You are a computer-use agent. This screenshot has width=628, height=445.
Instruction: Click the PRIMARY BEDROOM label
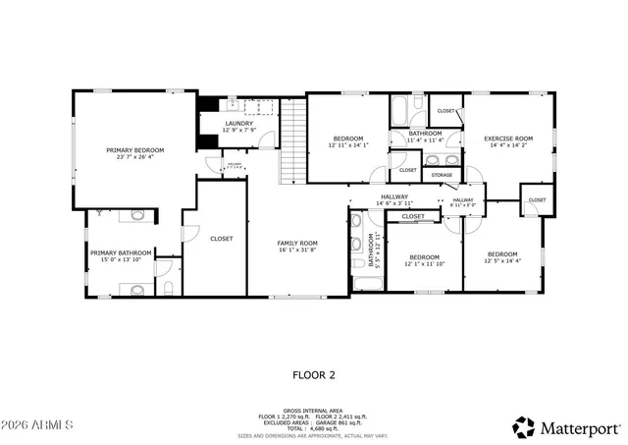[x=135, y=150]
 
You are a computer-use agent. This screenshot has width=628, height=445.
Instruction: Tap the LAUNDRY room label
[x=237, y=124]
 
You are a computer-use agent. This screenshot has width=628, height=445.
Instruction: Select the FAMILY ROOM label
[x=295, y=243]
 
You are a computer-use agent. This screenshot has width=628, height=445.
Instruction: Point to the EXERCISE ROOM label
[x=508, y=139]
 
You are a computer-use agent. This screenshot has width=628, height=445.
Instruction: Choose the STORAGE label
[x=442, y=176]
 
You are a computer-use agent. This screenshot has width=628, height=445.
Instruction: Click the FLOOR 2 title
[x=314, y=374]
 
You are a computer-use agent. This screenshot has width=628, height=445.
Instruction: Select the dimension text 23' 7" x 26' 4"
[x=135, y=157]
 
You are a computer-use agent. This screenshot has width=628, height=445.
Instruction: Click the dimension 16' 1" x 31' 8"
[x=295, y=250]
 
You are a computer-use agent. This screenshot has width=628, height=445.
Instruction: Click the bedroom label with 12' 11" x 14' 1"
[x=347, y=139]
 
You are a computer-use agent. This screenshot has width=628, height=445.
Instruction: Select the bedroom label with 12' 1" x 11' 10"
[x=424, y=257]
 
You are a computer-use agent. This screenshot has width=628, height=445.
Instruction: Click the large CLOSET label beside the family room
[x=221, y=239]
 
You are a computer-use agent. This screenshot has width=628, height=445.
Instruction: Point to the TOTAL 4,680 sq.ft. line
[x=314, y=427]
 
